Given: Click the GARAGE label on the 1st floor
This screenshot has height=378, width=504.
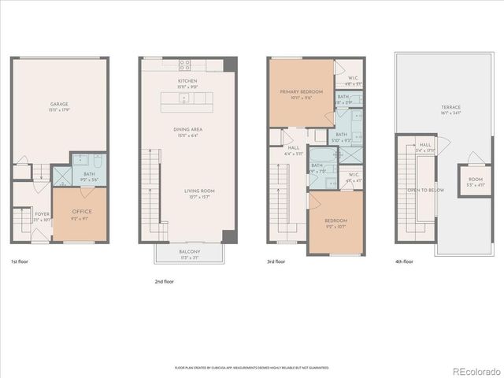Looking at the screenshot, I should point(58,103).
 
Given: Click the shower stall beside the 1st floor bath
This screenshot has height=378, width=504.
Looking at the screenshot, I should point(61,175).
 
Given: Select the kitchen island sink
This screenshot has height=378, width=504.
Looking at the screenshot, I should point(183,99).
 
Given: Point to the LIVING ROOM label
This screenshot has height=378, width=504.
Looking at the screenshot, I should point(199,191).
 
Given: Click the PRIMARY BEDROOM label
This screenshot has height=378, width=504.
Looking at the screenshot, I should point(301,92).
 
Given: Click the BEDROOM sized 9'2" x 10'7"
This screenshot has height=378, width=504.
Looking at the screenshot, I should point(335,221).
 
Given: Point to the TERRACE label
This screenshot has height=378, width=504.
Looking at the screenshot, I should point(450,107).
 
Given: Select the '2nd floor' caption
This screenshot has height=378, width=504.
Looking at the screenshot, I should point(164,281).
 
